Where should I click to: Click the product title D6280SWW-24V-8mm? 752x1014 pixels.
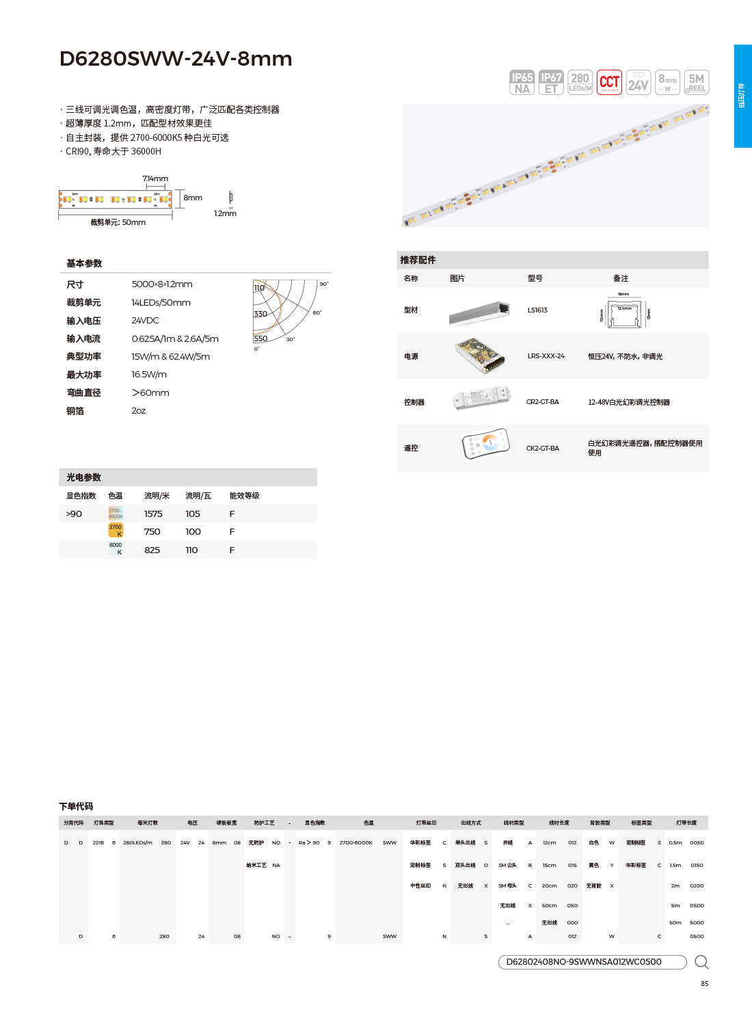click(176, 59)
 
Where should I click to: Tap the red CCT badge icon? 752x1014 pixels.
click(609, 83)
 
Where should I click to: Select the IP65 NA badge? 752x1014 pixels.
click(522, 83)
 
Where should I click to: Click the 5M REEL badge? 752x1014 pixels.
click(697, 83)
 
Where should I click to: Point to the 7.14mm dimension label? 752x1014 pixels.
click(155, 178)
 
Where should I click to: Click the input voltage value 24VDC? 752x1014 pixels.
click(145, 321)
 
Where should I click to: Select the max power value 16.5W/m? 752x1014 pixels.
click(149, 375)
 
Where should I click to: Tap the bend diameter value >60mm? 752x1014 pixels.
click(150, 393)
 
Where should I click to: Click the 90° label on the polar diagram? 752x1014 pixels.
click(324, 284)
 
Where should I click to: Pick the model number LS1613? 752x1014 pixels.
click(537, 310)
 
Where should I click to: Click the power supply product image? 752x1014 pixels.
click(481, 356)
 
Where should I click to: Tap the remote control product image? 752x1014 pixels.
click(486, 444)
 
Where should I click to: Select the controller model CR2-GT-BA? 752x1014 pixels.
click(542, 402)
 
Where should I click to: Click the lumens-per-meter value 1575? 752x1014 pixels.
click(153, 514)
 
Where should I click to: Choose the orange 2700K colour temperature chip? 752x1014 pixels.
click(116, 531)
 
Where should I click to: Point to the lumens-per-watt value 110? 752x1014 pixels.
click(192, 550)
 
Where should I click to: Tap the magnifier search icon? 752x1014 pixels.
click(701, 962)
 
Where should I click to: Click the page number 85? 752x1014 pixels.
click(704, 984)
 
